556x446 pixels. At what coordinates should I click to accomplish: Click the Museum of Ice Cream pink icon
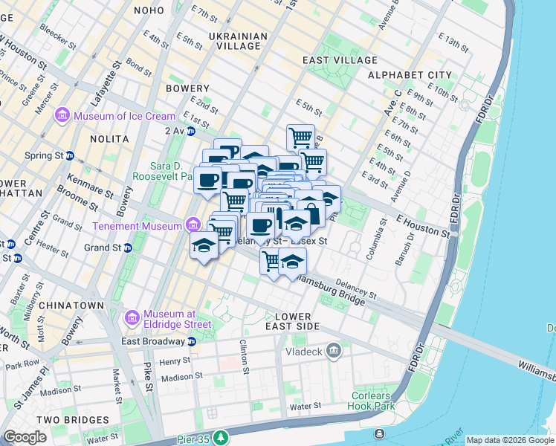[x=61, y=116]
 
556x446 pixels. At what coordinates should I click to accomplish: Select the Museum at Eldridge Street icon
[x=132, y=318]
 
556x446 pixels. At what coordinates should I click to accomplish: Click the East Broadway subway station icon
[x=191, y=341]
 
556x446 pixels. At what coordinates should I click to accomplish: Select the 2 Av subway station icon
[x=191, y=131]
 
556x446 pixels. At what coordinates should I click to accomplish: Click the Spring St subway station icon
[x=70, y=156]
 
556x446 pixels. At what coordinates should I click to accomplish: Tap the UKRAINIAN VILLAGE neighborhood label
[x=227, y=41]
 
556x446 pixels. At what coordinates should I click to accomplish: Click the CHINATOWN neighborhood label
[x=71, y=306]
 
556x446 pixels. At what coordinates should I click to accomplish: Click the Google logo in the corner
[x=25, y=437]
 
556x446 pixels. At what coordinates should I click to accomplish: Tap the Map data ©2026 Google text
[x=510, y=440]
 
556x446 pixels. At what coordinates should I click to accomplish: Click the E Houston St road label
[x=423, y=227]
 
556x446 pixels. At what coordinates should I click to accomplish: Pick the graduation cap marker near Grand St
[x=203, y=246]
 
